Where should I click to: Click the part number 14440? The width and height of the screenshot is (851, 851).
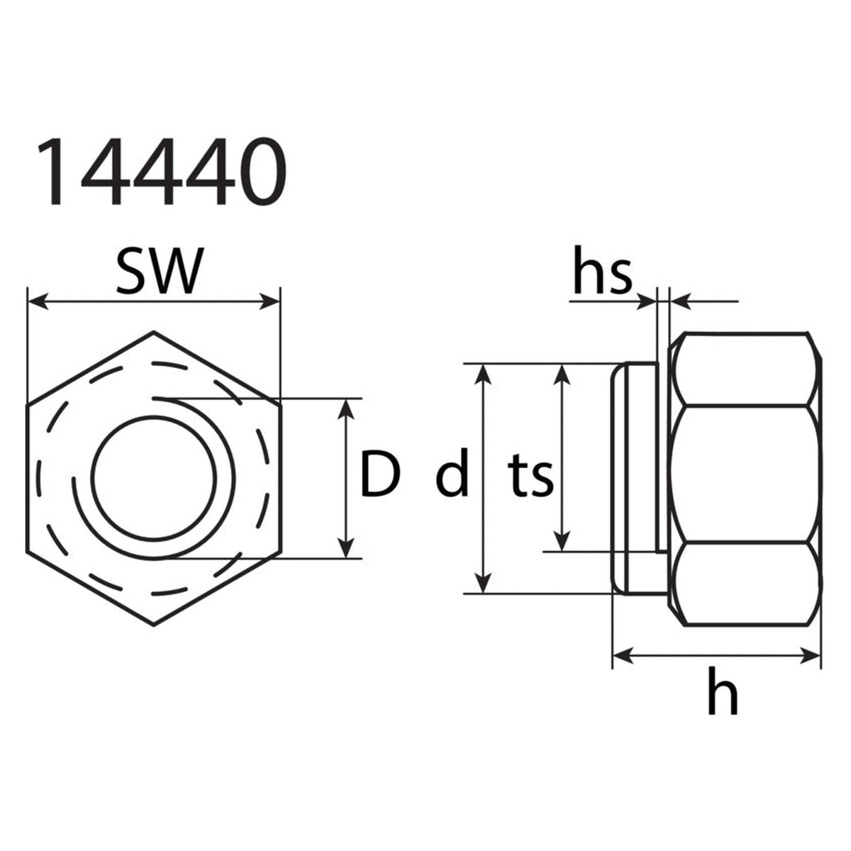(162, 172)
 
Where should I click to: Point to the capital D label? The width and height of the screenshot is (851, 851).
(380, 474)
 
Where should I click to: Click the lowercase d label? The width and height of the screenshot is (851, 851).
(452, 472)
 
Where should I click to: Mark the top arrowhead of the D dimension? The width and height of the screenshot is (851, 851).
(346, 408)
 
